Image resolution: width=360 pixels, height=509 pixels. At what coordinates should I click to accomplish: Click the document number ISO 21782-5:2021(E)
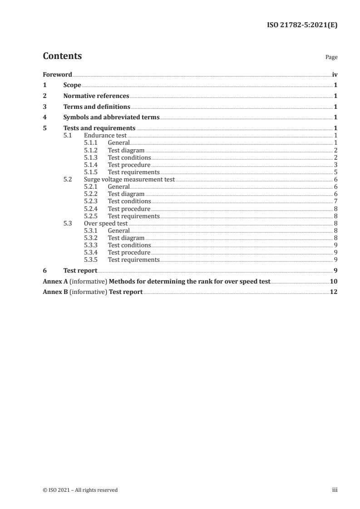[301, 25]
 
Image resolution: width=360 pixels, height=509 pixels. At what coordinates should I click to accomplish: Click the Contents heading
[62, 56]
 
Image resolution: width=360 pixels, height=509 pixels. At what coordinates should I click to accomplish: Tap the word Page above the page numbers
[331, 58]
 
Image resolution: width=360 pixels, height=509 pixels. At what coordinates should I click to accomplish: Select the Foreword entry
[57, 74]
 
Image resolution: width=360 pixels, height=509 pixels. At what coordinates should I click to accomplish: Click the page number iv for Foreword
[335, 74]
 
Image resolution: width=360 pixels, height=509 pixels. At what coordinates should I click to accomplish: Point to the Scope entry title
[72, 85]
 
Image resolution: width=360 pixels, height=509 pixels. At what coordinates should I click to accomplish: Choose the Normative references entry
[96, 96]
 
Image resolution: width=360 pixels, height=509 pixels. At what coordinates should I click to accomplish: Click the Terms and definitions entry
[97, 107]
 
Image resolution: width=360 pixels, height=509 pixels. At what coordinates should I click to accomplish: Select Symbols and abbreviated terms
[111, 117]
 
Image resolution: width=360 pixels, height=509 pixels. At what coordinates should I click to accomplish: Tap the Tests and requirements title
[99, 128]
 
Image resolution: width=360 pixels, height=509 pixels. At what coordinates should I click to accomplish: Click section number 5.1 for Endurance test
[68, 136]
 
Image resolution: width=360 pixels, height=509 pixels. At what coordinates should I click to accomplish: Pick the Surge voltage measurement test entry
[129, 180]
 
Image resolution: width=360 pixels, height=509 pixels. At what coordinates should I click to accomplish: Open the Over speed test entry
[106, 224]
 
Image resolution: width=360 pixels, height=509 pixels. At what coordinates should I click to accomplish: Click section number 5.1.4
[91, 165]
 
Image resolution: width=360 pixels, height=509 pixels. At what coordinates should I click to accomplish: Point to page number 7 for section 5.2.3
[335, 201]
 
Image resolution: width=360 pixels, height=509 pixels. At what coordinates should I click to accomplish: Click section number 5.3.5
[91, 260]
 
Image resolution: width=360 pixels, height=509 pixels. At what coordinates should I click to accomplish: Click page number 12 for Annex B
[334, 292]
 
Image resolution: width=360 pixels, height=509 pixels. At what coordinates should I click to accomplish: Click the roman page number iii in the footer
[335, 490]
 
